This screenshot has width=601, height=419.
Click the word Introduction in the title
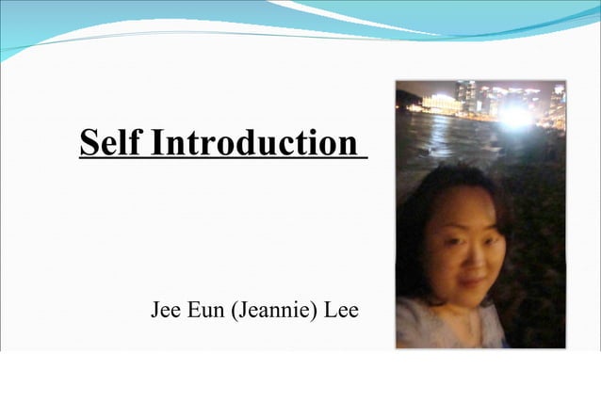[x=253, y=143]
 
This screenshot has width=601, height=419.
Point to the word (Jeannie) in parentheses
[x=274, y=311]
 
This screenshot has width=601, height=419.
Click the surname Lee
[x=341, y=310]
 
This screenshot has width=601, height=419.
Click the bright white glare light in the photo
[x=514, y=117]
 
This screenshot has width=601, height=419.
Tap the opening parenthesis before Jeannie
[x=235, y=311]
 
